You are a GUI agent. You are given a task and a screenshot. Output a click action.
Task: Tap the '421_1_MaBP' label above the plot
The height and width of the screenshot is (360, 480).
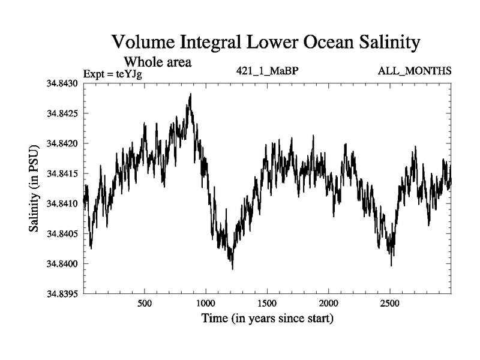(268, 71)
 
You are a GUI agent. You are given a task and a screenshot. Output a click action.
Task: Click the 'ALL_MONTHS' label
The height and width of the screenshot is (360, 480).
(415, 71)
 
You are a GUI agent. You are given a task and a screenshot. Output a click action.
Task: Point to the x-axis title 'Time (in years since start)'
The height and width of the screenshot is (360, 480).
(268, 318)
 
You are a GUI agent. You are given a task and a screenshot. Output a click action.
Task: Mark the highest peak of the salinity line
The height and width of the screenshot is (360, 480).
(190, 94)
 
